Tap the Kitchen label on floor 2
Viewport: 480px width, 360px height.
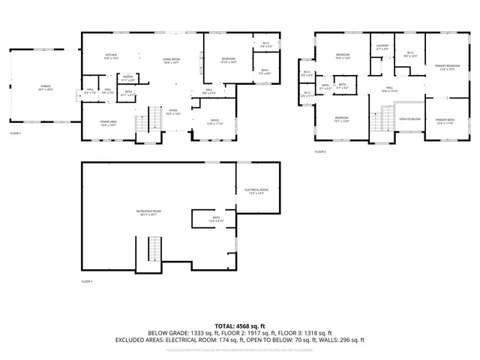tap(111, 55)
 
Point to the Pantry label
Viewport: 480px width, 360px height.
tap(128, 76)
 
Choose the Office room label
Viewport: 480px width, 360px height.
tap(214, 121)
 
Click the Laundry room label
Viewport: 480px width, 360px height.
tap(382, 46)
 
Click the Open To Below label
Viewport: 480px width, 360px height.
tap(409, 118)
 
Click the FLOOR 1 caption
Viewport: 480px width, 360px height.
tap(87, 281)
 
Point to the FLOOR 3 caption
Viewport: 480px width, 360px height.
tap(321, 151)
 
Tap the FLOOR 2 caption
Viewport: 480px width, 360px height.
tap(15, 133)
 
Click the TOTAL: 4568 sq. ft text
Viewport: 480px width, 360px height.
tap(239, 325)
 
